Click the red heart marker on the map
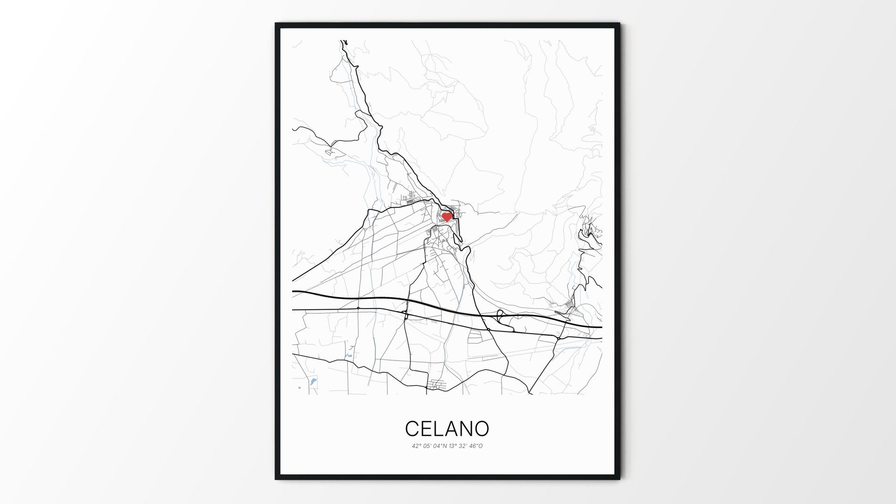447,217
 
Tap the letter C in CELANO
412,428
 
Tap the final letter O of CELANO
483,428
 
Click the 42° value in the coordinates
416,446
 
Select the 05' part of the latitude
427,446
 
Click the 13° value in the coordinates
453,446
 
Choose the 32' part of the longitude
464,446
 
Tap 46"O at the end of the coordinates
476,446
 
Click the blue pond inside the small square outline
312,383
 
